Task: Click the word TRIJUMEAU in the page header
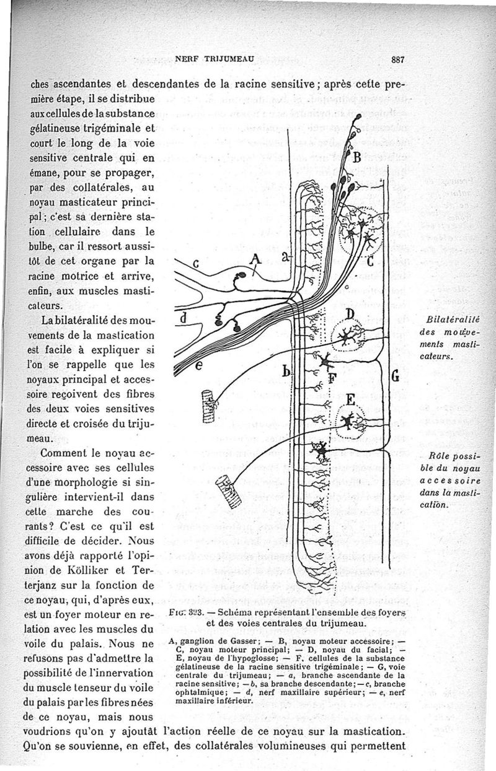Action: point(223,59)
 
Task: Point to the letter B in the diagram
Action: point(356,157)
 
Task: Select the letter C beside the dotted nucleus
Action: point(370,261)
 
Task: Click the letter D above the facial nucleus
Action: point(349,313)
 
